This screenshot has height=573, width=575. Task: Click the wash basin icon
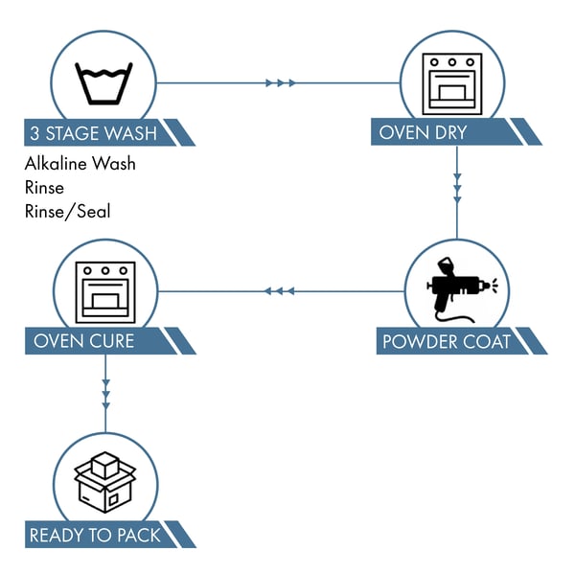104,82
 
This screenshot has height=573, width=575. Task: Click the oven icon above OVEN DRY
456,82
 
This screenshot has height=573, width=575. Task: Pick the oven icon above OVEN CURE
105,289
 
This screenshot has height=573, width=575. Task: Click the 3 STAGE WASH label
94,132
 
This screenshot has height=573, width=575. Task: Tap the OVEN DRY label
424,132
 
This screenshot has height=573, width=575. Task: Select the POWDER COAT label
447,341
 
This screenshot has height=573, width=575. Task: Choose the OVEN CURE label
84,341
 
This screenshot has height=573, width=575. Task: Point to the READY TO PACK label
95,535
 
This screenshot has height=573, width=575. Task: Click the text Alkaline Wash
80,164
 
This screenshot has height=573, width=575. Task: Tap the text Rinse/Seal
68,211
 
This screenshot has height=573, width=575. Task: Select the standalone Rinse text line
45,188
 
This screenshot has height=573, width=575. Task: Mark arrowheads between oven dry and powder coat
457,189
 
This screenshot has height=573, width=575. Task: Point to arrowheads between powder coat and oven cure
279,290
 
